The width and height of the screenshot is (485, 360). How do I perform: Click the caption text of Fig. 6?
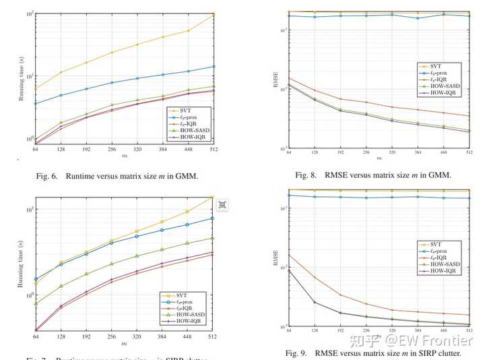(117, 177)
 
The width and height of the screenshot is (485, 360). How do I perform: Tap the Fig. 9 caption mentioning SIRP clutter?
(373, 353)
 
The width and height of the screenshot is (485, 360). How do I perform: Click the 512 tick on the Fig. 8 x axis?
(467, 154)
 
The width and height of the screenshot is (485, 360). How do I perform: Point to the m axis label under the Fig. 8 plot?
(379, 159)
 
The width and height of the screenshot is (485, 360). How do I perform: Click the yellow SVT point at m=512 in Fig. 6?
(214, 15)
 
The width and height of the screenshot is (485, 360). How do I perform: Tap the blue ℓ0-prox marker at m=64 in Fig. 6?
(36, 104)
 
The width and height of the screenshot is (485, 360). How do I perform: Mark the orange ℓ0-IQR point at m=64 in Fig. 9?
(290, 255)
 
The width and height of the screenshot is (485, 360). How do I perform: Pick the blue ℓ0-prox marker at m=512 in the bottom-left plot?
(214, 218)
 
